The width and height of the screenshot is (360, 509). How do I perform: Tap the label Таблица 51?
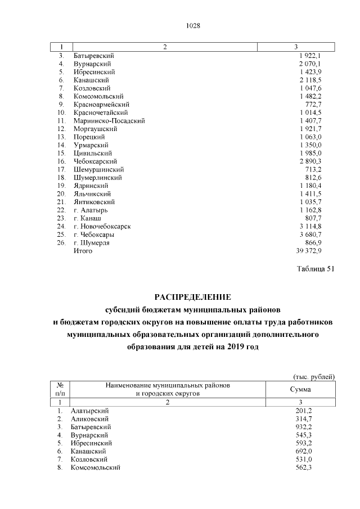tap(316, 268)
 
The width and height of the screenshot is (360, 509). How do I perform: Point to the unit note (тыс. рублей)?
tap(314, 376)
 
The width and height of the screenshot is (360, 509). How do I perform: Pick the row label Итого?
tap(83, 251)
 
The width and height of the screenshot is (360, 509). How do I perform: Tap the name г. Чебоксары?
tap(94, 235)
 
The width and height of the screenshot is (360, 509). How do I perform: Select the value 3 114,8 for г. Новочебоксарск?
tap(310, 226)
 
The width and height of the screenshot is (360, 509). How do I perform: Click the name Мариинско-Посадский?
tap(109, 120)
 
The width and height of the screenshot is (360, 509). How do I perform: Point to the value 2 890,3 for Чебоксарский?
tap(310, 161)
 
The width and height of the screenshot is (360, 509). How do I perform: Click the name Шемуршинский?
tap(98, 169)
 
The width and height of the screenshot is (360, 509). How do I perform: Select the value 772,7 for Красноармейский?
tap(313, 104)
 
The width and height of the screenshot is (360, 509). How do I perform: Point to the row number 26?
tap(61, 242)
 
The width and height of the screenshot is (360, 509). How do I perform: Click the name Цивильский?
tap(92, 153)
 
